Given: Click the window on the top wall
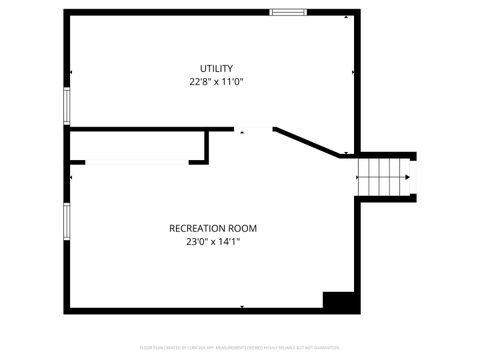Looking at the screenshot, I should [x=288, y=12].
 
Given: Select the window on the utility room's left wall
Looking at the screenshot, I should [x=66, y=104].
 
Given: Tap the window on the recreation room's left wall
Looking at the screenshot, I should [x=66, y=221].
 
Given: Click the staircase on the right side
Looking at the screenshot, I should [x=386, y=177].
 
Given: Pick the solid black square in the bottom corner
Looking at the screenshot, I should [x=339, y=300].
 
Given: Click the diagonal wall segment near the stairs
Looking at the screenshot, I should [x=307, y=141].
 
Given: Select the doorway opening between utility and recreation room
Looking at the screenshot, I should [x=254, y=128].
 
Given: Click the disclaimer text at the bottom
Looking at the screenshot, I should [x=240, y=349].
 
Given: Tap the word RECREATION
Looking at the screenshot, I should [x=198, y=228].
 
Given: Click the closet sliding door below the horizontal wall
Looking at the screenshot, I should [x=134, y=162].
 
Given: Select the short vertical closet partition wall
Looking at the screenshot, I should [x=207, y=146].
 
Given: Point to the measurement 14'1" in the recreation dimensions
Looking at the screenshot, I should [x=230, y=241].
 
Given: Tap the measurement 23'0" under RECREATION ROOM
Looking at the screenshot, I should [x=196, y=241].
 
